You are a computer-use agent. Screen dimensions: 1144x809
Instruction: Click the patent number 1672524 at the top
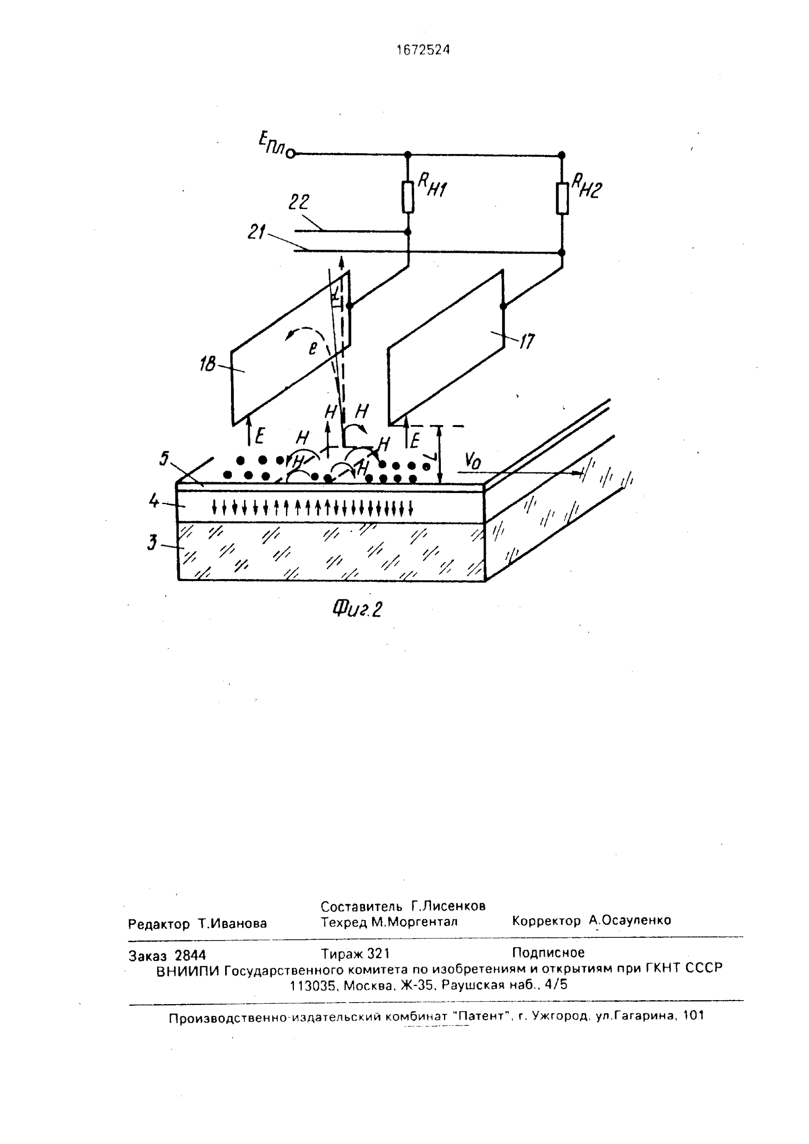click(423, 49)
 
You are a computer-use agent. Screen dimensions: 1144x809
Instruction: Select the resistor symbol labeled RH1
click(408, 197)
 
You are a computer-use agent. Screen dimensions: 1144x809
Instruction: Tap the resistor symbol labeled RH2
click(562, 198)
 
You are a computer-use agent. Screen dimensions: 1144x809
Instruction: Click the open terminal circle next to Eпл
click(292, 154)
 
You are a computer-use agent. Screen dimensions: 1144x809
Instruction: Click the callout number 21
click(257, 233)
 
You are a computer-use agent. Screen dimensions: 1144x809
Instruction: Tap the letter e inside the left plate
click(312, 348)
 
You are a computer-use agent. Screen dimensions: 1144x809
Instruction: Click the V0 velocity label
click(473, 461)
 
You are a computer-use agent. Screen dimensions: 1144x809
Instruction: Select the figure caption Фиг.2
click(357, 609)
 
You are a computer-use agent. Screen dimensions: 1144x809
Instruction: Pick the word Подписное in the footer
click(548, 953)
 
